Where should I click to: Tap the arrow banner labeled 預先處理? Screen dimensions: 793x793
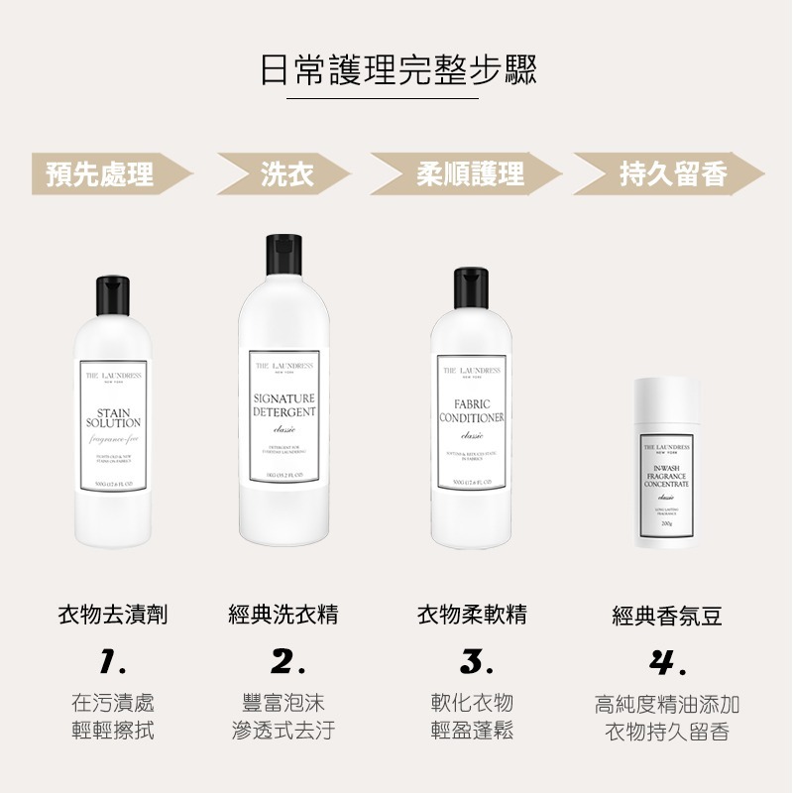(x=104, y=175)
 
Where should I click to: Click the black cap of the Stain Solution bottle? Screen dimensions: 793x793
(x=113, y=294)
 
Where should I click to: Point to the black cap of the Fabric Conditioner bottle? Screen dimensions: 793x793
(x=471, y=288)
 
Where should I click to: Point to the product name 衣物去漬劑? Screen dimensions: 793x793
(x=113, y=615)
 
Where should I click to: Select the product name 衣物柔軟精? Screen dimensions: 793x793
(x=471, y=615)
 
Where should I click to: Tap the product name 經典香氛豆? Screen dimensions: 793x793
(x=666, y=617)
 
